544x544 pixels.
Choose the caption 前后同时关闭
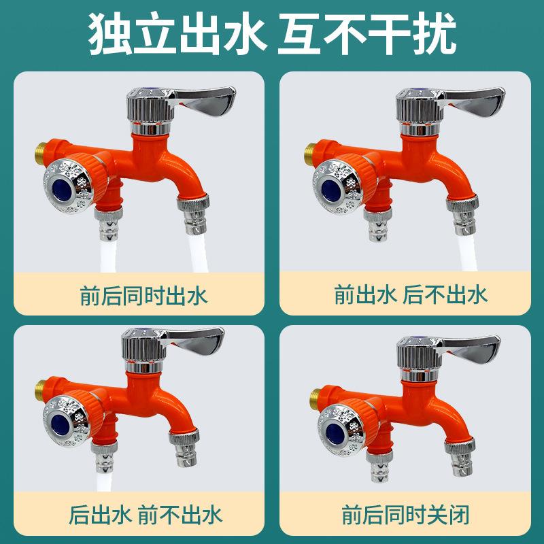coord(410,513)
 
